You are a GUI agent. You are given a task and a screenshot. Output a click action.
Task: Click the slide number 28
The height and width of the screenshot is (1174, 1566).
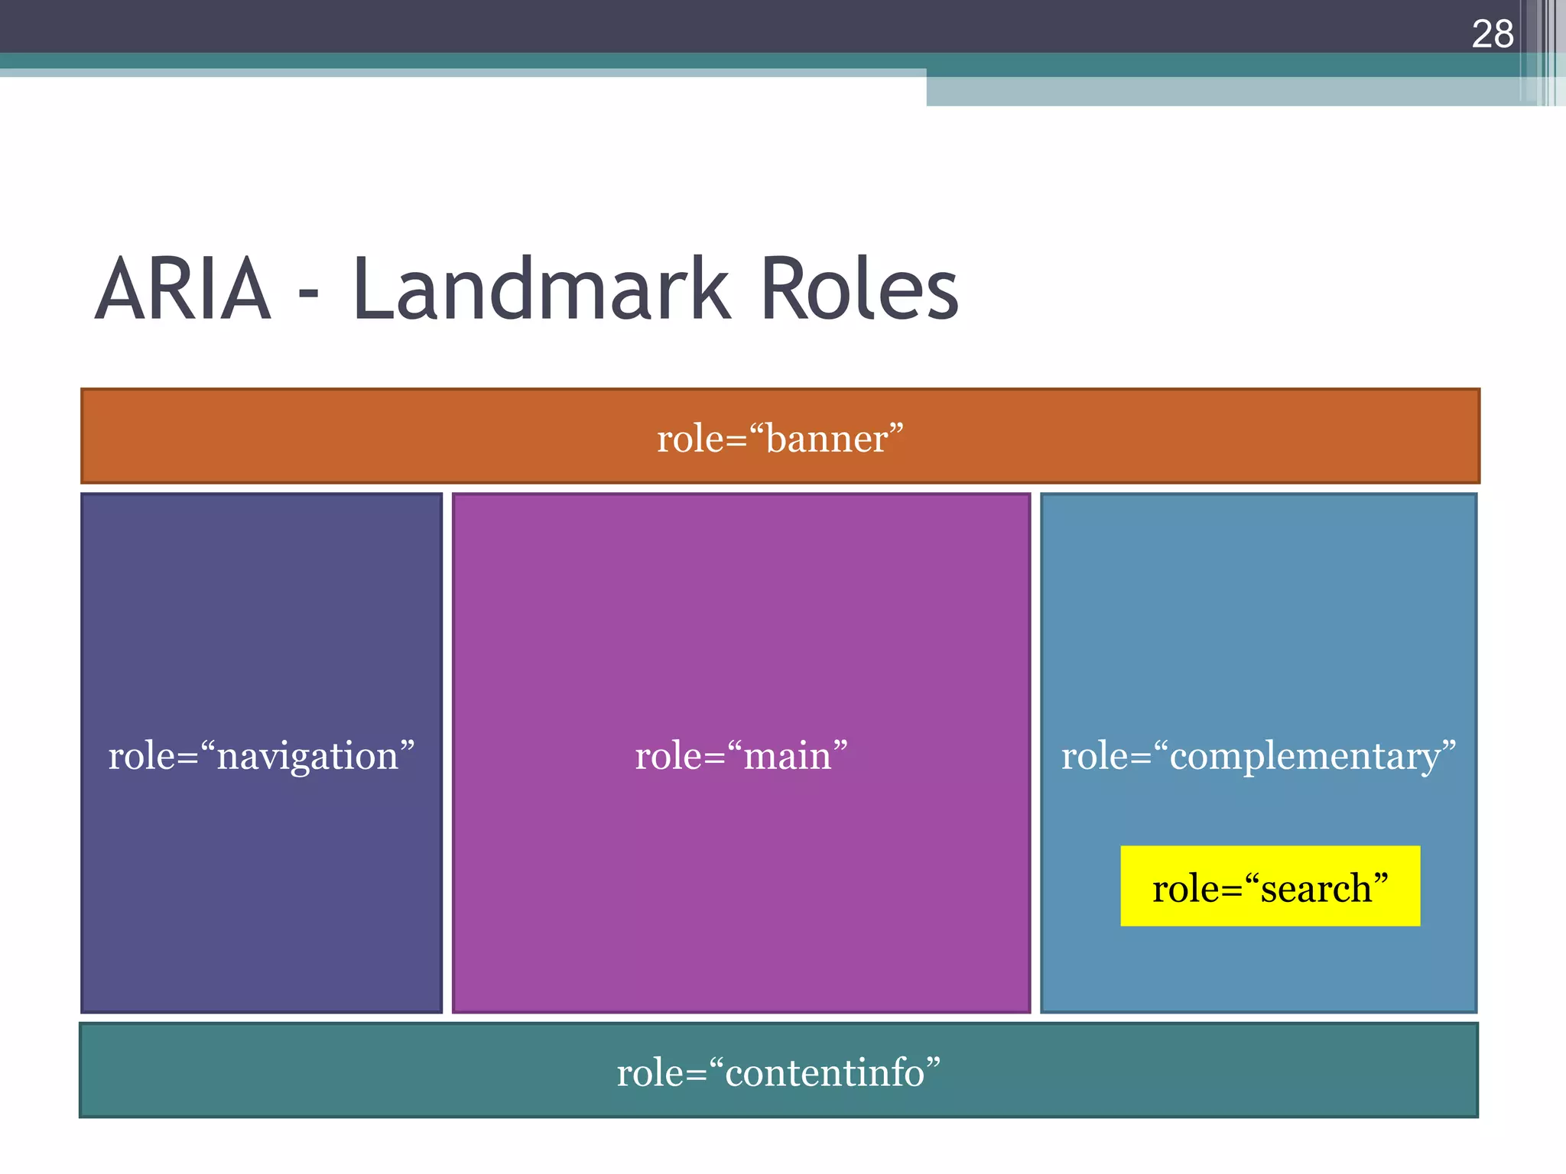coord(1492,34)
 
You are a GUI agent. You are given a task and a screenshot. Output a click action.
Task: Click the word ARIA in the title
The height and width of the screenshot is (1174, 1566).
coord(184,290)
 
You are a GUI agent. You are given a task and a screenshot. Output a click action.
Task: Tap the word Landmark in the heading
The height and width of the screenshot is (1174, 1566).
coord(541,290)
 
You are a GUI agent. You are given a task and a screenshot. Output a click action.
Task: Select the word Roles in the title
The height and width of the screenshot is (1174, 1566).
coord(859,290)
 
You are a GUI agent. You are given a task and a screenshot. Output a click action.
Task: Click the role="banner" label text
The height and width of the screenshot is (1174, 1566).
coord(780,439)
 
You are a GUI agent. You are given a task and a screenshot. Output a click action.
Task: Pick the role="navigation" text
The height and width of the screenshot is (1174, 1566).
coord(262,756)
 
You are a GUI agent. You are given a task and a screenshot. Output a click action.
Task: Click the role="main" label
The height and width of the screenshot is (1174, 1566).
coord(741,756)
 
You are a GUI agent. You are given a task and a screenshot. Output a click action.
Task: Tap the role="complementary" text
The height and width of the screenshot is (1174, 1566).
coord(1258,756)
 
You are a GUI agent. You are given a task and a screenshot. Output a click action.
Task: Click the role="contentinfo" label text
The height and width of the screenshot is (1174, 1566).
coord(778,1072)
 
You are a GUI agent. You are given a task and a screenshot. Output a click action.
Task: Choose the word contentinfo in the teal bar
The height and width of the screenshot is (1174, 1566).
coord(824,1073)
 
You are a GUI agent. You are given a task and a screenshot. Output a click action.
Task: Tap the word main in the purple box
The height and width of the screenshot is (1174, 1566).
coord(787,757)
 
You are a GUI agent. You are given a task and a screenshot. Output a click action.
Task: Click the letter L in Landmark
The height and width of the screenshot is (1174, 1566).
coord(372,290)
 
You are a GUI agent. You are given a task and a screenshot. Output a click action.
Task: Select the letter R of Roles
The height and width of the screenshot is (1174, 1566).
coord(783,290)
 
